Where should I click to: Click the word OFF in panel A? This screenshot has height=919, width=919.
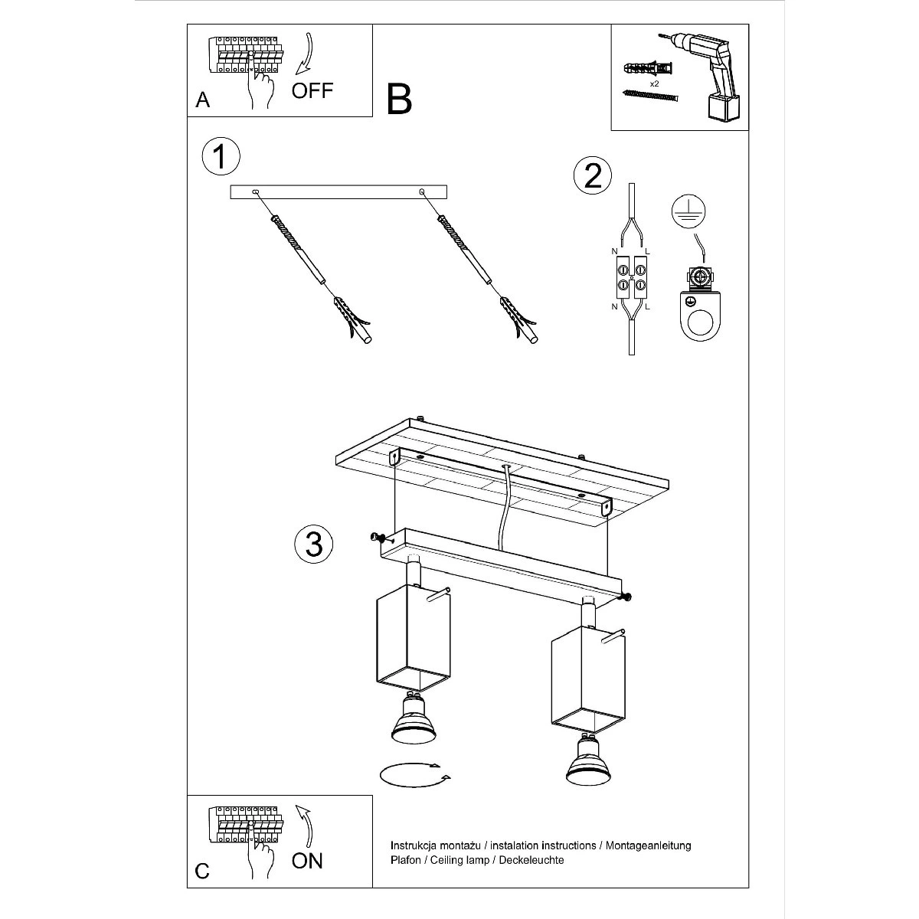312,90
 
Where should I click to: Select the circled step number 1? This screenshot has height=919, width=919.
221,156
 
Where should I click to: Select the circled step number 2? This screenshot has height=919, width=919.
593,175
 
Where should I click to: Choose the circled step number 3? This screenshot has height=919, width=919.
314,544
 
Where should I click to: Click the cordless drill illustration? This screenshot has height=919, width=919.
704,77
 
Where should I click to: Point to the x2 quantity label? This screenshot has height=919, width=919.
655,83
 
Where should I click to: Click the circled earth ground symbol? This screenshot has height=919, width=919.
688,211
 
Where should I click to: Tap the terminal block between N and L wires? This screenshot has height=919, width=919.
631,277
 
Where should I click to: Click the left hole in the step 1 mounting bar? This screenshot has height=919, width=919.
256,191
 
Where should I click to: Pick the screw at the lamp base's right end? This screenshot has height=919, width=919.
625,597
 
